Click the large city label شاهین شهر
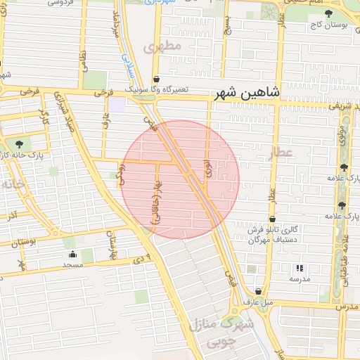pos(250,92)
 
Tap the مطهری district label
pos(162,47)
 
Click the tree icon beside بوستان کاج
pos(328,13)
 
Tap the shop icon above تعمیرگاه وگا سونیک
pos(155,79)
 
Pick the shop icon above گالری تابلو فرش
pos(272,219)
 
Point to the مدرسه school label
pos(300,278)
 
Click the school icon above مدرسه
pos(300,268)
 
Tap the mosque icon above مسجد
pos(73,255)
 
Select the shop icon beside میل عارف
pos(259,291)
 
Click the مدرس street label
pos(346,307)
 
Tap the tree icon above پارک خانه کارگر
pos(18,144)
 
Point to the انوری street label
pos(207,167)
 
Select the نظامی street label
pos(84,59)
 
